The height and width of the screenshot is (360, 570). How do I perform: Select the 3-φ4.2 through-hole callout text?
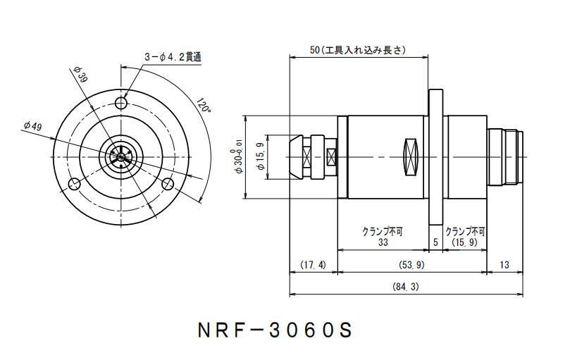pyautogui.click(x=173, y=57)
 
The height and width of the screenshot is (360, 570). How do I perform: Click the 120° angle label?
pyautogui.click(x=204, y=106)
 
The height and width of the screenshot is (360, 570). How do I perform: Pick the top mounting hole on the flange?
pyautogui.click(x=122, y=104)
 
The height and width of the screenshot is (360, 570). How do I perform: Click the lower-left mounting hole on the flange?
pyautogui.click(x=74, y=184)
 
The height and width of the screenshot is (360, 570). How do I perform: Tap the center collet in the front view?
pyautogui.click(x=121, y=156)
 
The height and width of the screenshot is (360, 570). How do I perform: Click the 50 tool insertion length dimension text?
pyautogui.click(x=359, y=50)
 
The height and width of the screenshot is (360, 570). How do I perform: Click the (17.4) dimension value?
pyautogui.click(x=313, y=265)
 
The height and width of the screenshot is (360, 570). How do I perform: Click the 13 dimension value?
pyautogui.click(x=504, y=265)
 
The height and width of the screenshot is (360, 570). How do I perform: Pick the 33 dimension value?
pyautogui.click(x=383, y=242)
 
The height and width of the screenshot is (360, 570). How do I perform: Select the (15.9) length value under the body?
pyautogui.click(x=465, y=242)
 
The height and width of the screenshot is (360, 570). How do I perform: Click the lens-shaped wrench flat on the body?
pyautogui.click(x=411, y=156)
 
